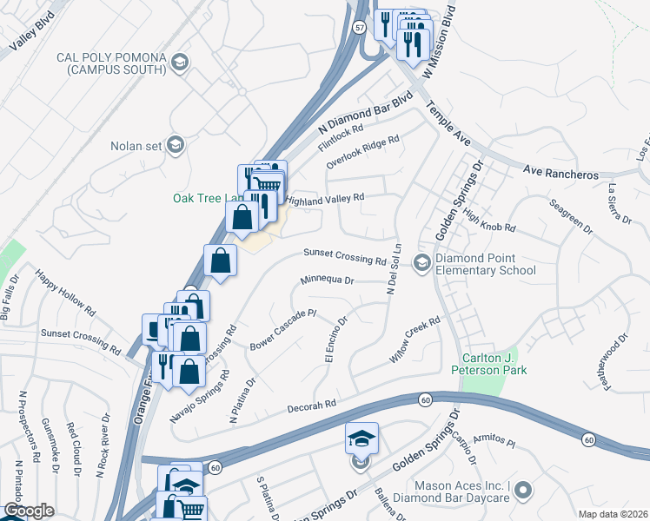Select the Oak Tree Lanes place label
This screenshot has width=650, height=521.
pyautogui.click(x=204, y=198)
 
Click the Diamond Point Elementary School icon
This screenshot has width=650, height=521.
pyautogui.click(x=422, y=262)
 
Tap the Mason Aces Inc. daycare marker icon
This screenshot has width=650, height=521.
pyautogui.click(x=523, y=492)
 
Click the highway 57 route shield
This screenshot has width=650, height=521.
pyautogui.click(x=359, y=28)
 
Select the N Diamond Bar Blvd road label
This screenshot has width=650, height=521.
pyautogui.click(x=363, y=113)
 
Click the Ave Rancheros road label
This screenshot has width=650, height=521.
pyautogui.click(x=560, y=174)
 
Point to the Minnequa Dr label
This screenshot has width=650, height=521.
pyautogui.click(x=328, y=280)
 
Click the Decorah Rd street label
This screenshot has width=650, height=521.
pyautogui.click(x=313, y=406)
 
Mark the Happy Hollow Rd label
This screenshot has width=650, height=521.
pyautogui.click(x=66, y=292)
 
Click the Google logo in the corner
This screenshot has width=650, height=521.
pyautogui.click(x=29, y=511)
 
